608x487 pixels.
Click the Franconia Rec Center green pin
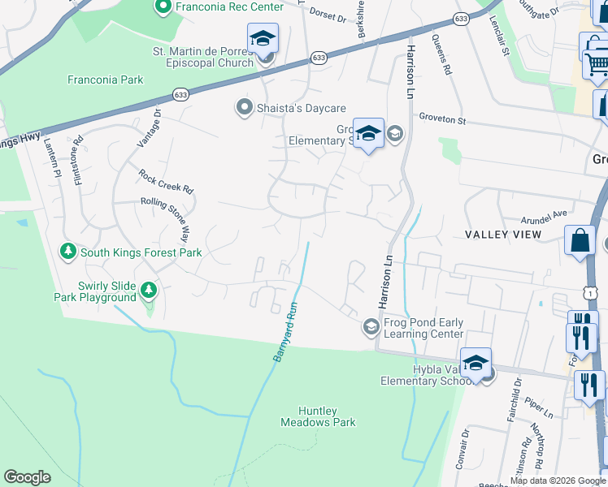163,7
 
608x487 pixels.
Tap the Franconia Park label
106,80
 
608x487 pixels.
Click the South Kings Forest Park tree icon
69,252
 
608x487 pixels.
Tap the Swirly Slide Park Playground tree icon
148,290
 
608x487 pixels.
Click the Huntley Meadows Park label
318,416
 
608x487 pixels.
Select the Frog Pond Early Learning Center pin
371,326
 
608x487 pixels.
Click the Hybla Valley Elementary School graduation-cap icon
476,363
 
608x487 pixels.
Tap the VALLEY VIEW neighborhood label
503,235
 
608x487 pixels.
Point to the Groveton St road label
442,119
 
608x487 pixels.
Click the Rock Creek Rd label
166,181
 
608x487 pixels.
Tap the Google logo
28,477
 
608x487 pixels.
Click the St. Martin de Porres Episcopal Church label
203,57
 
